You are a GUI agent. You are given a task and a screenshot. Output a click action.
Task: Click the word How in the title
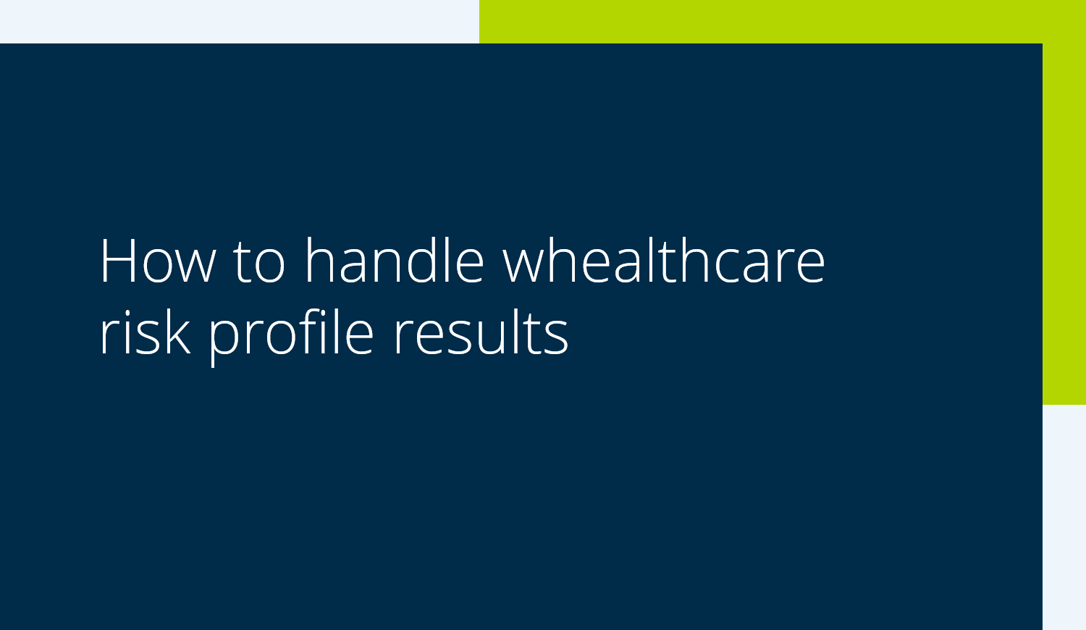click(x=158, y=261)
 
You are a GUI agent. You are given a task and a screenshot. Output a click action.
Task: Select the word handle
click(x=395, y=259)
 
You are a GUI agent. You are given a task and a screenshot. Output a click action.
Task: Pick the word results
click(x=481, y=332)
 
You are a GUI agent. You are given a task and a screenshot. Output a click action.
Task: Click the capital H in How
click(x=118, y=261)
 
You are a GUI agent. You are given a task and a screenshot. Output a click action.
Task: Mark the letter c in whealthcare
click(x=728, y=266)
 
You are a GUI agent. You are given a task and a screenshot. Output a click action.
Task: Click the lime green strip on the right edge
click(x=1064, y=223)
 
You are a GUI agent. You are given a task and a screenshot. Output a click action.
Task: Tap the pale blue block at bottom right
click(x=1064, y=518)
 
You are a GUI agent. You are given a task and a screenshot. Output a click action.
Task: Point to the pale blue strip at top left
click(x=240, y=21)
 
